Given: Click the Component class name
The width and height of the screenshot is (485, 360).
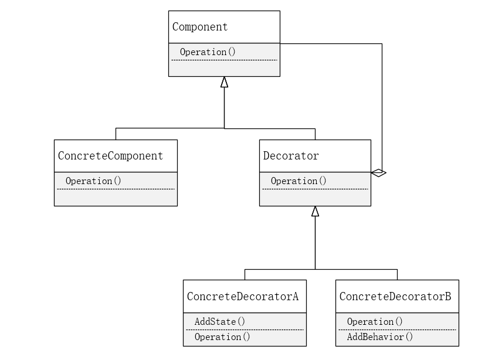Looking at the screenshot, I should click(200, 27).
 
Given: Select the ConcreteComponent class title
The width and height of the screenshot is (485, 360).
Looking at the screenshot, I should click(110, 156).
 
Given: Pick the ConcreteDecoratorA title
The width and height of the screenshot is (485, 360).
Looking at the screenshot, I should click(243, 296).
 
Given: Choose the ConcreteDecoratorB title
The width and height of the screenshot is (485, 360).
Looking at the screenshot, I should click(395, 296).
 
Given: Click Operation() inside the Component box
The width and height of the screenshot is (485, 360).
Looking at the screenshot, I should click(208, 52).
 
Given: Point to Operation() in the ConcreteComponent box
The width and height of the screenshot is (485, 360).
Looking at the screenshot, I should click(93, 181).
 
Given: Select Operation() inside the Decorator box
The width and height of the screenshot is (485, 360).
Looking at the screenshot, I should click(299, 181).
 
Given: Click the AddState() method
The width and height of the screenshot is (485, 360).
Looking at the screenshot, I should click(219, 321).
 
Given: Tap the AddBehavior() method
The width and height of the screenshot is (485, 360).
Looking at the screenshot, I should click(379, 337).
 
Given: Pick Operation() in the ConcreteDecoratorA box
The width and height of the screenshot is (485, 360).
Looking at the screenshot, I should click(222, 337).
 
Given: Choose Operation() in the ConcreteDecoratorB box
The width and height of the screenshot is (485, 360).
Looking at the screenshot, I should click(375, 322).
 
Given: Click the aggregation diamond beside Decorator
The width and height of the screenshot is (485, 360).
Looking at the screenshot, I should click(378, 172).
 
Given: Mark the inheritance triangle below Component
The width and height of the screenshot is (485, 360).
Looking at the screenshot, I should click(224, 82).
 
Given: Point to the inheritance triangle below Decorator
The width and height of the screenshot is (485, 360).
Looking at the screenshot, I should click(315, 212).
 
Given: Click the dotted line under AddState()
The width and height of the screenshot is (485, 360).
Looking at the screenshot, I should click(245, 330).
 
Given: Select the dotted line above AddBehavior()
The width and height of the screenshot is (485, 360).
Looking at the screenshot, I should click(397, 330).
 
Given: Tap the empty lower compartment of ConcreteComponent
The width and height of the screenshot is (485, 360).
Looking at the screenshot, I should click(116, 198).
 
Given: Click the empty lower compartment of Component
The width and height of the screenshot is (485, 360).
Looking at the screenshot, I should click(224, 68).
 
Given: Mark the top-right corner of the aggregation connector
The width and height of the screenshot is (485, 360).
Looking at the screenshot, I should click(382, 43).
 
